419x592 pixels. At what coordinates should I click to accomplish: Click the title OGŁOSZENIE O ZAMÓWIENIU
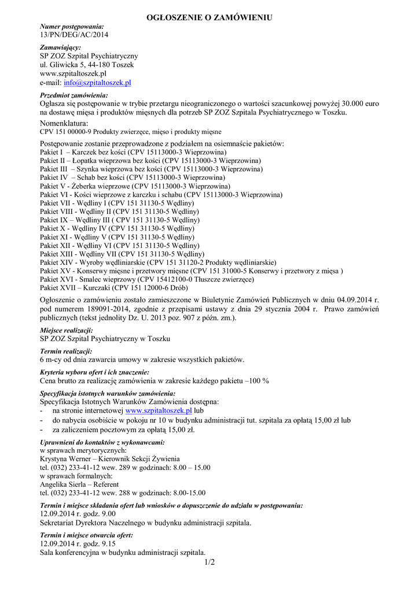[209, 18]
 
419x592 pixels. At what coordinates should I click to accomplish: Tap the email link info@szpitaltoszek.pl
[97, 83]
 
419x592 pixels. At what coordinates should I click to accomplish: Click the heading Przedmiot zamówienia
[74, 95]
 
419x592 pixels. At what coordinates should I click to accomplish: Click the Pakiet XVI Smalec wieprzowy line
[147, 279]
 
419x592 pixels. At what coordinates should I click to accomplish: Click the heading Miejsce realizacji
[67, 330]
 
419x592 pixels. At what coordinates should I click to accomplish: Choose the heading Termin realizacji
[66, 351]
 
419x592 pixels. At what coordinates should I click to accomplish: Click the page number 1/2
[209, 562]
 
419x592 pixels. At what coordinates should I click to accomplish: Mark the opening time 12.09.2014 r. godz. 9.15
[78, 544]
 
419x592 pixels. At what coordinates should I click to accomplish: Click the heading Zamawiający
[61, 47]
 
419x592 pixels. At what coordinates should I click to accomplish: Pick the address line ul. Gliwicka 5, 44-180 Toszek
[87, 65]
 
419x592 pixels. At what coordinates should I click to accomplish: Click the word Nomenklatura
[64, 124]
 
